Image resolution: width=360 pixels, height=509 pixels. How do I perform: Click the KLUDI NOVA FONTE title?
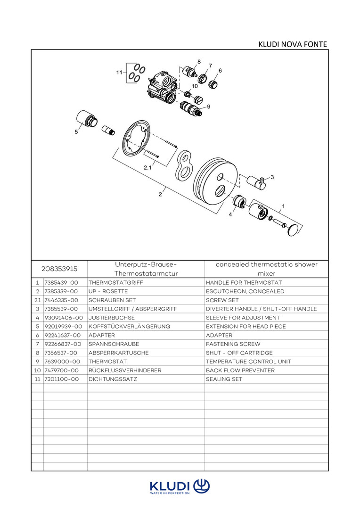292,44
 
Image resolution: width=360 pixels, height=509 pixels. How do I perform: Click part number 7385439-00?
61,283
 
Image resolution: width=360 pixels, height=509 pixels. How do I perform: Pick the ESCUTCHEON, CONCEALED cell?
245,291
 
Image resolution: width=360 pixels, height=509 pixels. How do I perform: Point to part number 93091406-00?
64,318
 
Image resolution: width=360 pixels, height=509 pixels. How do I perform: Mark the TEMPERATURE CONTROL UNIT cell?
248,361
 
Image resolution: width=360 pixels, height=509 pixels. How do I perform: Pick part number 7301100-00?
61,379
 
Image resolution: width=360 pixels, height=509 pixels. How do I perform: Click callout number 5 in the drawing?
76,132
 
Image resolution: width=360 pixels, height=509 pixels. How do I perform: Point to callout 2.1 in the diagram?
147,168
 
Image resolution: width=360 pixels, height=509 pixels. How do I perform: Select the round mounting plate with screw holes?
136,137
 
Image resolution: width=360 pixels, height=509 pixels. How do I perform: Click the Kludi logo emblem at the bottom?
201,486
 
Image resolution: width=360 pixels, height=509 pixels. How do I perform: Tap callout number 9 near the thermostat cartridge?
208,107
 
